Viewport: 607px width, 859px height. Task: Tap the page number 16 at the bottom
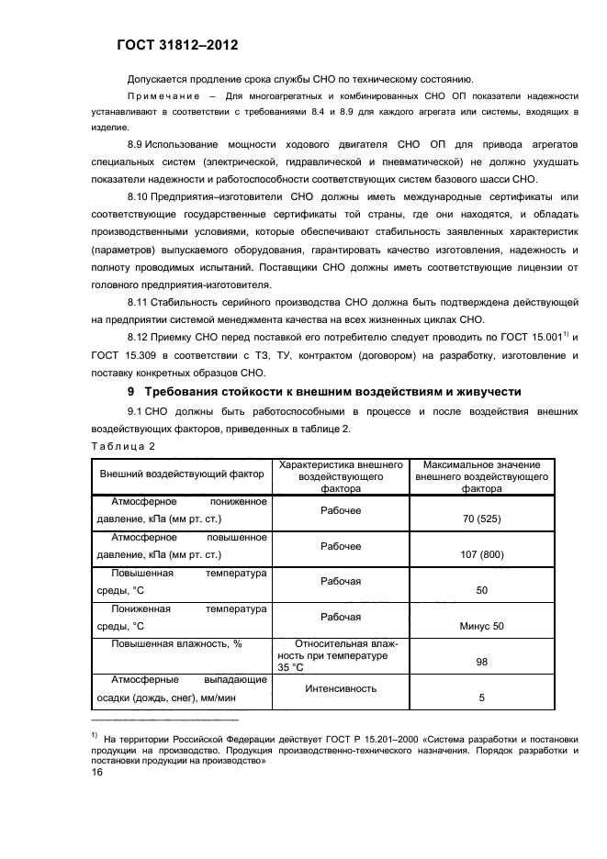pos(96,773)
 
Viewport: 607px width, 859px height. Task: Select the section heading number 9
pos(129,391)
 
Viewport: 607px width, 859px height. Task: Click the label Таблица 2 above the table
pos(123,445)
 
